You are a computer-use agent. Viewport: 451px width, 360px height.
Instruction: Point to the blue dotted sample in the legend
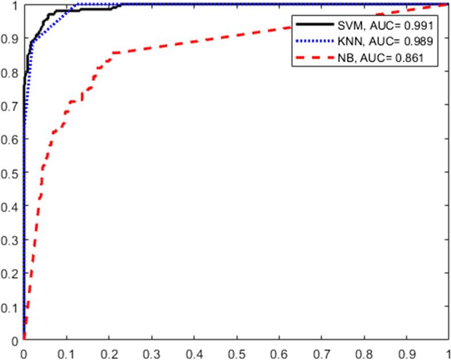(314, 41)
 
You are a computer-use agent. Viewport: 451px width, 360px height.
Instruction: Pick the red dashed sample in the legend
(314, 58)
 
